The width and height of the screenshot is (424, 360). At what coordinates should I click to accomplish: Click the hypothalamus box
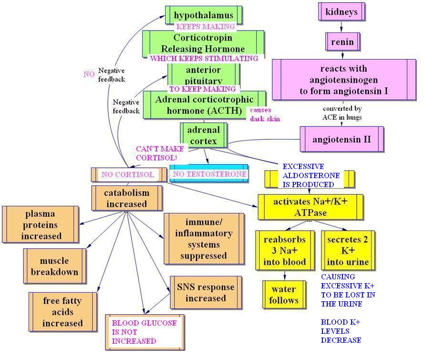[x=204, y=15]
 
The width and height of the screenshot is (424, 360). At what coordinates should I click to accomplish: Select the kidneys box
[x=341, y=11]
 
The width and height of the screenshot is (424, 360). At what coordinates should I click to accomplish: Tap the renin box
[x=342, y=42]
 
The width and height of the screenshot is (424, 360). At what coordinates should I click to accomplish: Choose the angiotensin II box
[x=342, y=139]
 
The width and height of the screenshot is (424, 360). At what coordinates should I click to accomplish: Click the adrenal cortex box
[x=204, y=135]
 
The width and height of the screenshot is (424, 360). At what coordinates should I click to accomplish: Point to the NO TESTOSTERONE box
[x=209, y=173]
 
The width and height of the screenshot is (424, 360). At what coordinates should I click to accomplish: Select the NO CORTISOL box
[x=129, y=175]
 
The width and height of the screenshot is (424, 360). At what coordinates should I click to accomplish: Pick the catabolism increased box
[x=127, y=198]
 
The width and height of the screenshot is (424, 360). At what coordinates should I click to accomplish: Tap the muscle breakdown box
[x=55, y=266]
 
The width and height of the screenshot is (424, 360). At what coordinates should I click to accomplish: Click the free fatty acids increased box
[x=63, y=312]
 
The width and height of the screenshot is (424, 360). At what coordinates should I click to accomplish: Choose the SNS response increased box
[x=206, y=292]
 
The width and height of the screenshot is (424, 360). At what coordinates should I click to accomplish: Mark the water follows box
[x=284, y=295]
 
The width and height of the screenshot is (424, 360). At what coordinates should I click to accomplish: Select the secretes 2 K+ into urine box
[x=348, y=250]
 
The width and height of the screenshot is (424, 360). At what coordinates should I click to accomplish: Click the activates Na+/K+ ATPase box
[x=310, y=207]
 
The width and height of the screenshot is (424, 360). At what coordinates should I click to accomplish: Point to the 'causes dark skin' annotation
[x=265, y=114]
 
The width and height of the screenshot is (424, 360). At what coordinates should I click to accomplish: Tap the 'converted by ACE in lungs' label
[x=342, y=113]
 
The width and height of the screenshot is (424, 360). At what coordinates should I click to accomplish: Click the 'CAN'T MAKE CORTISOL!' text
[x=160, y=153]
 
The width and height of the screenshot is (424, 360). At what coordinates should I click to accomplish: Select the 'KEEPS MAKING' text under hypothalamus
[x=206, y=27]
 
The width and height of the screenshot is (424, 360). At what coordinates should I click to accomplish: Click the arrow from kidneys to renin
[x=341, y=27]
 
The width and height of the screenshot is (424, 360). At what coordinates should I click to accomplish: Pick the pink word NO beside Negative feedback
[x=89, y=74]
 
